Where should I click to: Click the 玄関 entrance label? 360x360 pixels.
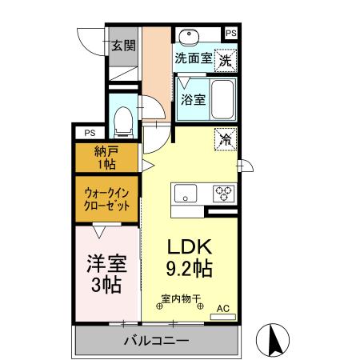tap(122, 45)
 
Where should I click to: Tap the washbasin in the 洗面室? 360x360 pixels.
tap(190, 36)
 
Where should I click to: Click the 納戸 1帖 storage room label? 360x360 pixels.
tap(106, 158)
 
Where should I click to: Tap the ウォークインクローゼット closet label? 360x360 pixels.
tap(106, 198)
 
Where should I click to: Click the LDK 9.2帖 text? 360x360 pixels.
tap(189, 258)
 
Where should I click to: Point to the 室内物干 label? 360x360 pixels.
tap(181, 300)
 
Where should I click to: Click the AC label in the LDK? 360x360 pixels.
tap(223, 306)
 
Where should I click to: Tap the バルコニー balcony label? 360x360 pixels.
tap(156, 342)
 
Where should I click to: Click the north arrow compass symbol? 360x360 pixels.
tap(272, 341)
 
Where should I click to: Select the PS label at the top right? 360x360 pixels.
tap(231, 33)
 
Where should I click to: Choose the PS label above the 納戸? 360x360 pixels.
tap(89, 133)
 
